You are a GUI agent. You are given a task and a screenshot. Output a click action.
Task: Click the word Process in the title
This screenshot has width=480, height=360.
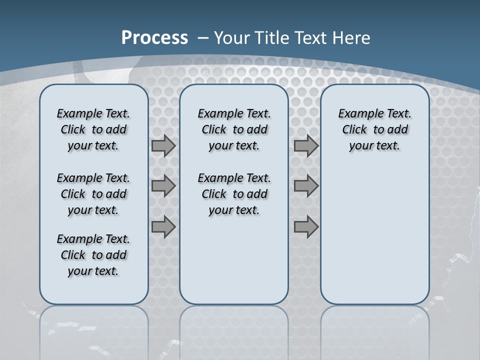(154, 38)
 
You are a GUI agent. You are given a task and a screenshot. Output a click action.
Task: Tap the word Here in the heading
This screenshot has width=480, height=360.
(352, 38)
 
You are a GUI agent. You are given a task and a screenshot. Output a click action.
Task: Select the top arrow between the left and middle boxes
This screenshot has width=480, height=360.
(163, 146)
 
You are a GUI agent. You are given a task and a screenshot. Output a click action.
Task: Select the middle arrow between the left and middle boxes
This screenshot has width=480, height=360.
(163, 186)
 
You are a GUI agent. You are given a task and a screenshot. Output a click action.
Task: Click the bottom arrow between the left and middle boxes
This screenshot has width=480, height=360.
(163, 226)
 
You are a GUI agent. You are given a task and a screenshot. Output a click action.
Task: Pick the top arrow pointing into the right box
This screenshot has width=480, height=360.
(306, 146)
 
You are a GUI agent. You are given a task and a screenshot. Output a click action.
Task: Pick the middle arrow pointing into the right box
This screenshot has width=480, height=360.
(306, 186)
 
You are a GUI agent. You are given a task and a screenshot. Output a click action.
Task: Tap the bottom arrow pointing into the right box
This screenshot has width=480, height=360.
(306, 226)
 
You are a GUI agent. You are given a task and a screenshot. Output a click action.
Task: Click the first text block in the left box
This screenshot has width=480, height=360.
(93, 129)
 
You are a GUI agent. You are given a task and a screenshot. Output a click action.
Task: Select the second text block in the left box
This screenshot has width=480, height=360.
(93, 194)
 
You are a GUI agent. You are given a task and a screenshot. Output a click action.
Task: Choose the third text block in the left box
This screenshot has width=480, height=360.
(93, 255)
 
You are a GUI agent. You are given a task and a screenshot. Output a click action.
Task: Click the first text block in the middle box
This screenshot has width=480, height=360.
(234, 129)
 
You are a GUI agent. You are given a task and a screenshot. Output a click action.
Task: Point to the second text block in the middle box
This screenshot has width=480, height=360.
(234, 194)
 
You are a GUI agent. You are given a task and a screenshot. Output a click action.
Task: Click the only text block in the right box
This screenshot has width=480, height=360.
(374, 129)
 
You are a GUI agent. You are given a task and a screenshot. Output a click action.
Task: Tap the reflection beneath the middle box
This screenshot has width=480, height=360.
(234, 330)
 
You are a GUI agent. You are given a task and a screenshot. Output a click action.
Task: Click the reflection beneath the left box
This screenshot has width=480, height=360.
(93, 330)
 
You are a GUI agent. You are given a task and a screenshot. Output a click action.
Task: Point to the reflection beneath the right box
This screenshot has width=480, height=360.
(374, 330)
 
